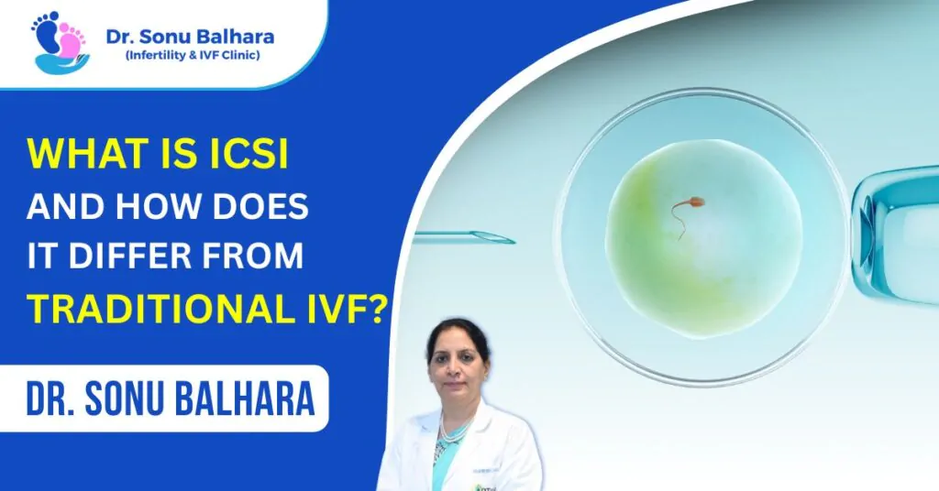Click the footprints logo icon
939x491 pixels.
[x=59, y=42]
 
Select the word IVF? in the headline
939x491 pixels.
[x=343, y=310]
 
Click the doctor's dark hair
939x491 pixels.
[x=456, y=332]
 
